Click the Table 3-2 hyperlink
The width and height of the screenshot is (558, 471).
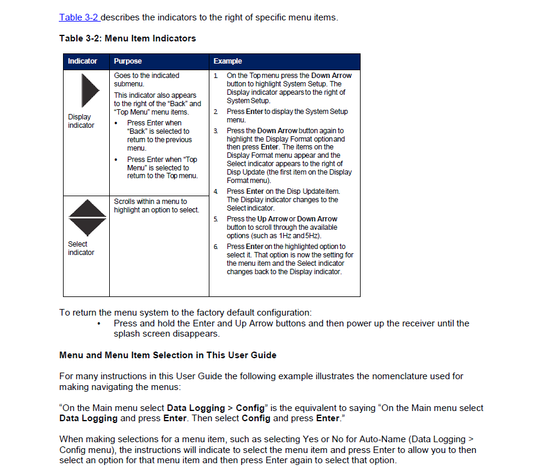[79, 17]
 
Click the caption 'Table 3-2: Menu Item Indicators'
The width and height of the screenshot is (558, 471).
[127, 38]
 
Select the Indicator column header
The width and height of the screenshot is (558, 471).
[82, 61]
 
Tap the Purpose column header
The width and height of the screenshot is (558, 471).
[128, 61]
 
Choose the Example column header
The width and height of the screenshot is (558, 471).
[227, 61]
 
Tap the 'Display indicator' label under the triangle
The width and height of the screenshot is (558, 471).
[80, 121]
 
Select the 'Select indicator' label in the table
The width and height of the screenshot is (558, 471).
[80, 248]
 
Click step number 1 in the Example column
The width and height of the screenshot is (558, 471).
[215, 76]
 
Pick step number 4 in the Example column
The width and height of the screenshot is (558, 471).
[215, 191]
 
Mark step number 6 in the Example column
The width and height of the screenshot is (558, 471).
[215, 247]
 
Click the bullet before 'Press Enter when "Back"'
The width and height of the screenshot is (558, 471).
[116, 123]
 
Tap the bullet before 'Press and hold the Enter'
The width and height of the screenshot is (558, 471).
[98, 324]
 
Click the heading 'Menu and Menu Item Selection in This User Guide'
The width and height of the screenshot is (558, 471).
[167, 355]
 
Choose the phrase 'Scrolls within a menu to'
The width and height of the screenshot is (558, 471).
[150, 202]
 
